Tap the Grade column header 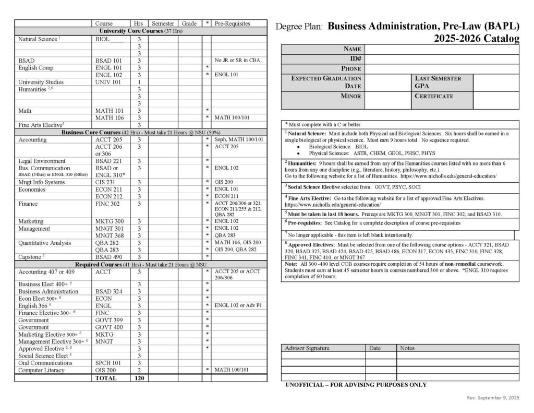click(x=189, y=23)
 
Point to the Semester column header click(x=163, y=23)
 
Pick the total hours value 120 click(x=139, y=377)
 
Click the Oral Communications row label click(x=45, y=363)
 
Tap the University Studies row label click(x=41, y=82)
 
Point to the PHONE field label click(x=351, y=68)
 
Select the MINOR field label click(x=351, y=96)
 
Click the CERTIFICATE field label click(x=434, y=96)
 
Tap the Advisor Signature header click(x=307, y=348)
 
